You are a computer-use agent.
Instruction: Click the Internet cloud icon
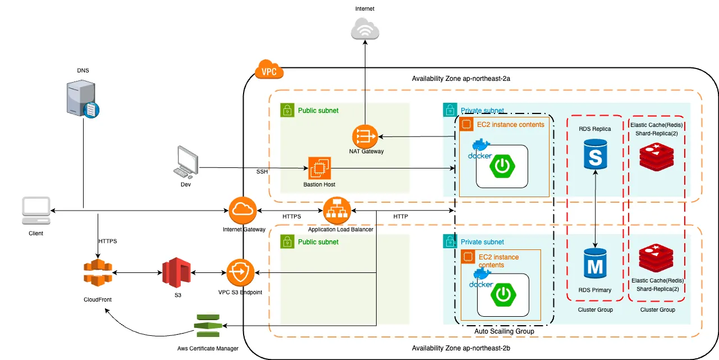click(x=365, y=29)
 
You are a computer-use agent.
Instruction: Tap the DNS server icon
click(x=83, y=99)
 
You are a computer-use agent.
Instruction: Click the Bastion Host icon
click(x=319, y=168)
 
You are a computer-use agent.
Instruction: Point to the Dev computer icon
click(x=186, y=162)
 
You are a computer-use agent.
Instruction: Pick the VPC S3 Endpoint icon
click(x=240, y=273)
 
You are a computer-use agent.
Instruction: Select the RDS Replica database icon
click(x=595, y=152)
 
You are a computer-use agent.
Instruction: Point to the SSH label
click(x=263, y=171)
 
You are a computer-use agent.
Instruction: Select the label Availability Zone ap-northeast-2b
click(x=461, y=348)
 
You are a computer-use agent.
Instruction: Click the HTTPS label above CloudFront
click(x=107, y=240)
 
